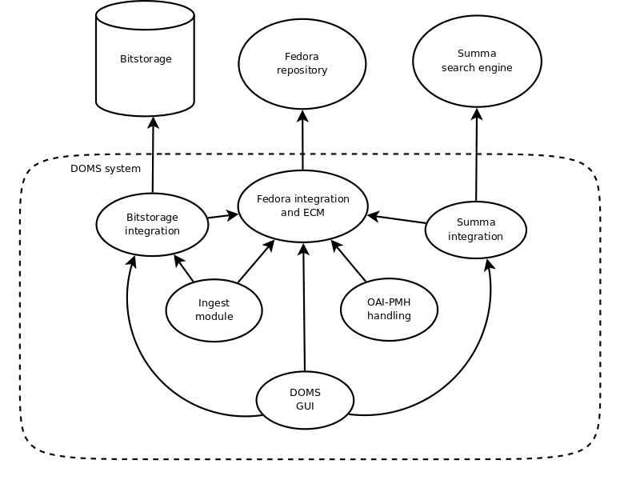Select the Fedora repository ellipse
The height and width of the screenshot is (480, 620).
[302, 64]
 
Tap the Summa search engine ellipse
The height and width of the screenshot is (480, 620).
[477, 62]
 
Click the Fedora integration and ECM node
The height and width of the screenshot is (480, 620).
[303, 206]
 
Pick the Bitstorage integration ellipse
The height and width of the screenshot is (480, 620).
[152, 224]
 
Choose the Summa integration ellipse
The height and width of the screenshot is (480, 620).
[475, 230]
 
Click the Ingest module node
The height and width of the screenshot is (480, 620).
[214, 310]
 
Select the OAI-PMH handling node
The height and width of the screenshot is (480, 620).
[389, 310]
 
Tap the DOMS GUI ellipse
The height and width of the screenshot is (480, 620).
[305, 399]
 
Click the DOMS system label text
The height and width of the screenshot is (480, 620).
[106, 169]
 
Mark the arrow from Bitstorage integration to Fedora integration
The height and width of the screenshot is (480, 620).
[223, 215]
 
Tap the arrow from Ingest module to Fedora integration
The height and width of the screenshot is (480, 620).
[256, 261]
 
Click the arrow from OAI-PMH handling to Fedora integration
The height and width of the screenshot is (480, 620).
[349, 261]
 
